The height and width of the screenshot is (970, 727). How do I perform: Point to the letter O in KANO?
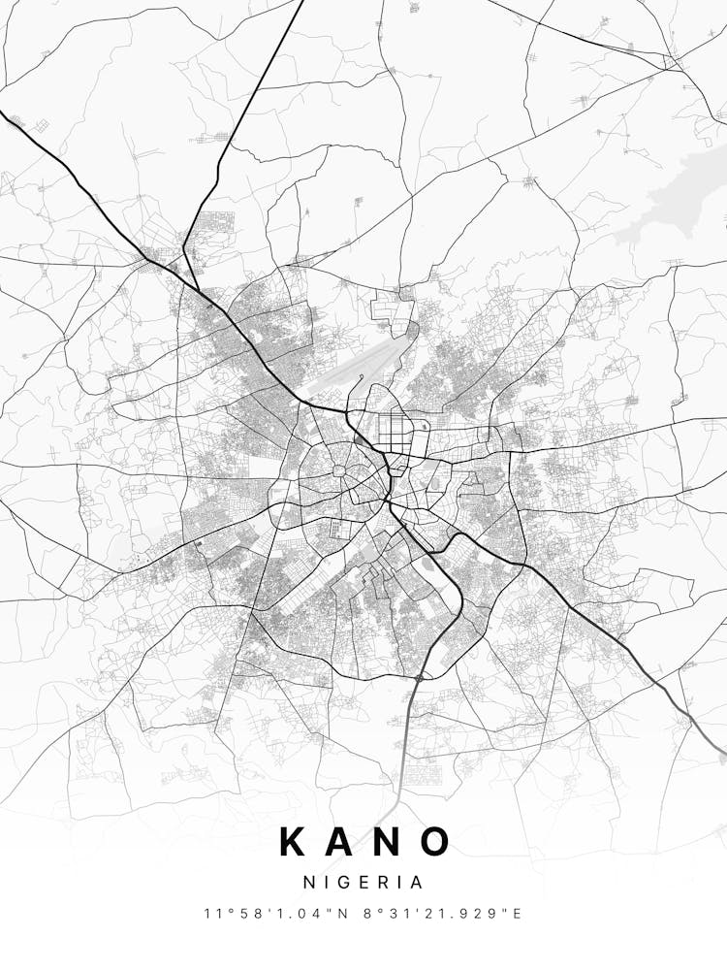[x=435, y=842]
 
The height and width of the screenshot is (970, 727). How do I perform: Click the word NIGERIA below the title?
[x=363, y=883]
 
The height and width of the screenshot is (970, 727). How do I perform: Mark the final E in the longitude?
[x=519, y=914]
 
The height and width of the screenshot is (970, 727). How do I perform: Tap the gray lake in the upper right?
[x=679, y=199]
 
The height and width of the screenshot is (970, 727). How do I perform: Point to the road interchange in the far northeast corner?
[x=671, y=60]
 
